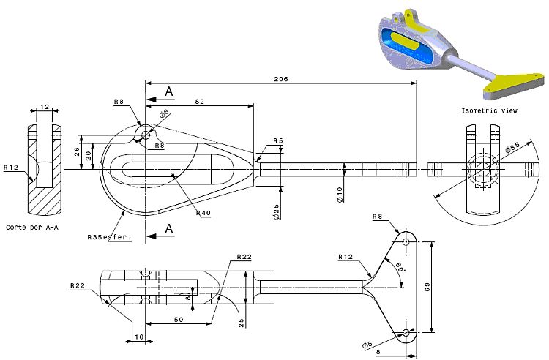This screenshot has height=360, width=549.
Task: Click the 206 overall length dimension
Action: tap(280, 78)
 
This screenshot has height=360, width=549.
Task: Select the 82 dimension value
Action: tap(199, 102)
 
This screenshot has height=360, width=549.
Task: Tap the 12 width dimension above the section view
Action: tap(45, 107)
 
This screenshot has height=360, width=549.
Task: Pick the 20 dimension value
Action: tap(89, 154)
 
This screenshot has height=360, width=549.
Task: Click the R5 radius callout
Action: tap(278, 140)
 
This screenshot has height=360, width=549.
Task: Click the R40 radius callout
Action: tap(204, 213)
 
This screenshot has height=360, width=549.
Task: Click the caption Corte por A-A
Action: tap(33, 228)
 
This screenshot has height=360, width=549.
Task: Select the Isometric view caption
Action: tap(489, 110)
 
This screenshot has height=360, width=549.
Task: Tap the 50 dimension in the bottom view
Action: tap(178, 320)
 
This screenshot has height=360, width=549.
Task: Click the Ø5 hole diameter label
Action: tap(367, 345)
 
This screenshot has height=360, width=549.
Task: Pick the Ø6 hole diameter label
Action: tap(164, 113)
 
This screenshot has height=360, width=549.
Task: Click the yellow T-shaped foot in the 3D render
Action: tap(517, 82)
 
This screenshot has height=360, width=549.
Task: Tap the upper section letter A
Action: tap(169, 91)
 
